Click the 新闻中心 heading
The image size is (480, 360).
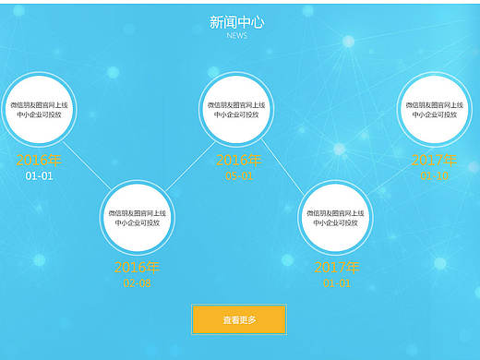pos(236,22)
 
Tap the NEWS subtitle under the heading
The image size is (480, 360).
pos(236,36)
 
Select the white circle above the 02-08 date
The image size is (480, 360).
pos(138,218)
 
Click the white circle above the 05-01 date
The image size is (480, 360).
pos(236,110)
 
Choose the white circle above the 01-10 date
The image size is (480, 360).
pos(433,110)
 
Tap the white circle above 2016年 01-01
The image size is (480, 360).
pos(39,110)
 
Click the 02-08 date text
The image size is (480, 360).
pos(137,283)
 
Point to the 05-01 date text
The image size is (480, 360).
pos(238,175)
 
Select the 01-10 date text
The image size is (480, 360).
pos(433,175)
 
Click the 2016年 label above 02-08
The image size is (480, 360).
pos(137,268)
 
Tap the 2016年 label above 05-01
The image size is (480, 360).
pos(238,161)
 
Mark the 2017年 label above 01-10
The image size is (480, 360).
pos(433,161)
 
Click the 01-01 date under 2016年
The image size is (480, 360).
pos(39,175)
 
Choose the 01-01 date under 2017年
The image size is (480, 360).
pos(337,283)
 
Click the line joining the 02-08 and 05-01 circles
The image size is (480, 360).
pos(186,164)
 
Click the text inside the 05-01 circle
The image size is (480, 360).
pos(236,110)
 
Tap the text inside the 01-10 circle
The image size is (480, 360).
pos(433,110)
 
